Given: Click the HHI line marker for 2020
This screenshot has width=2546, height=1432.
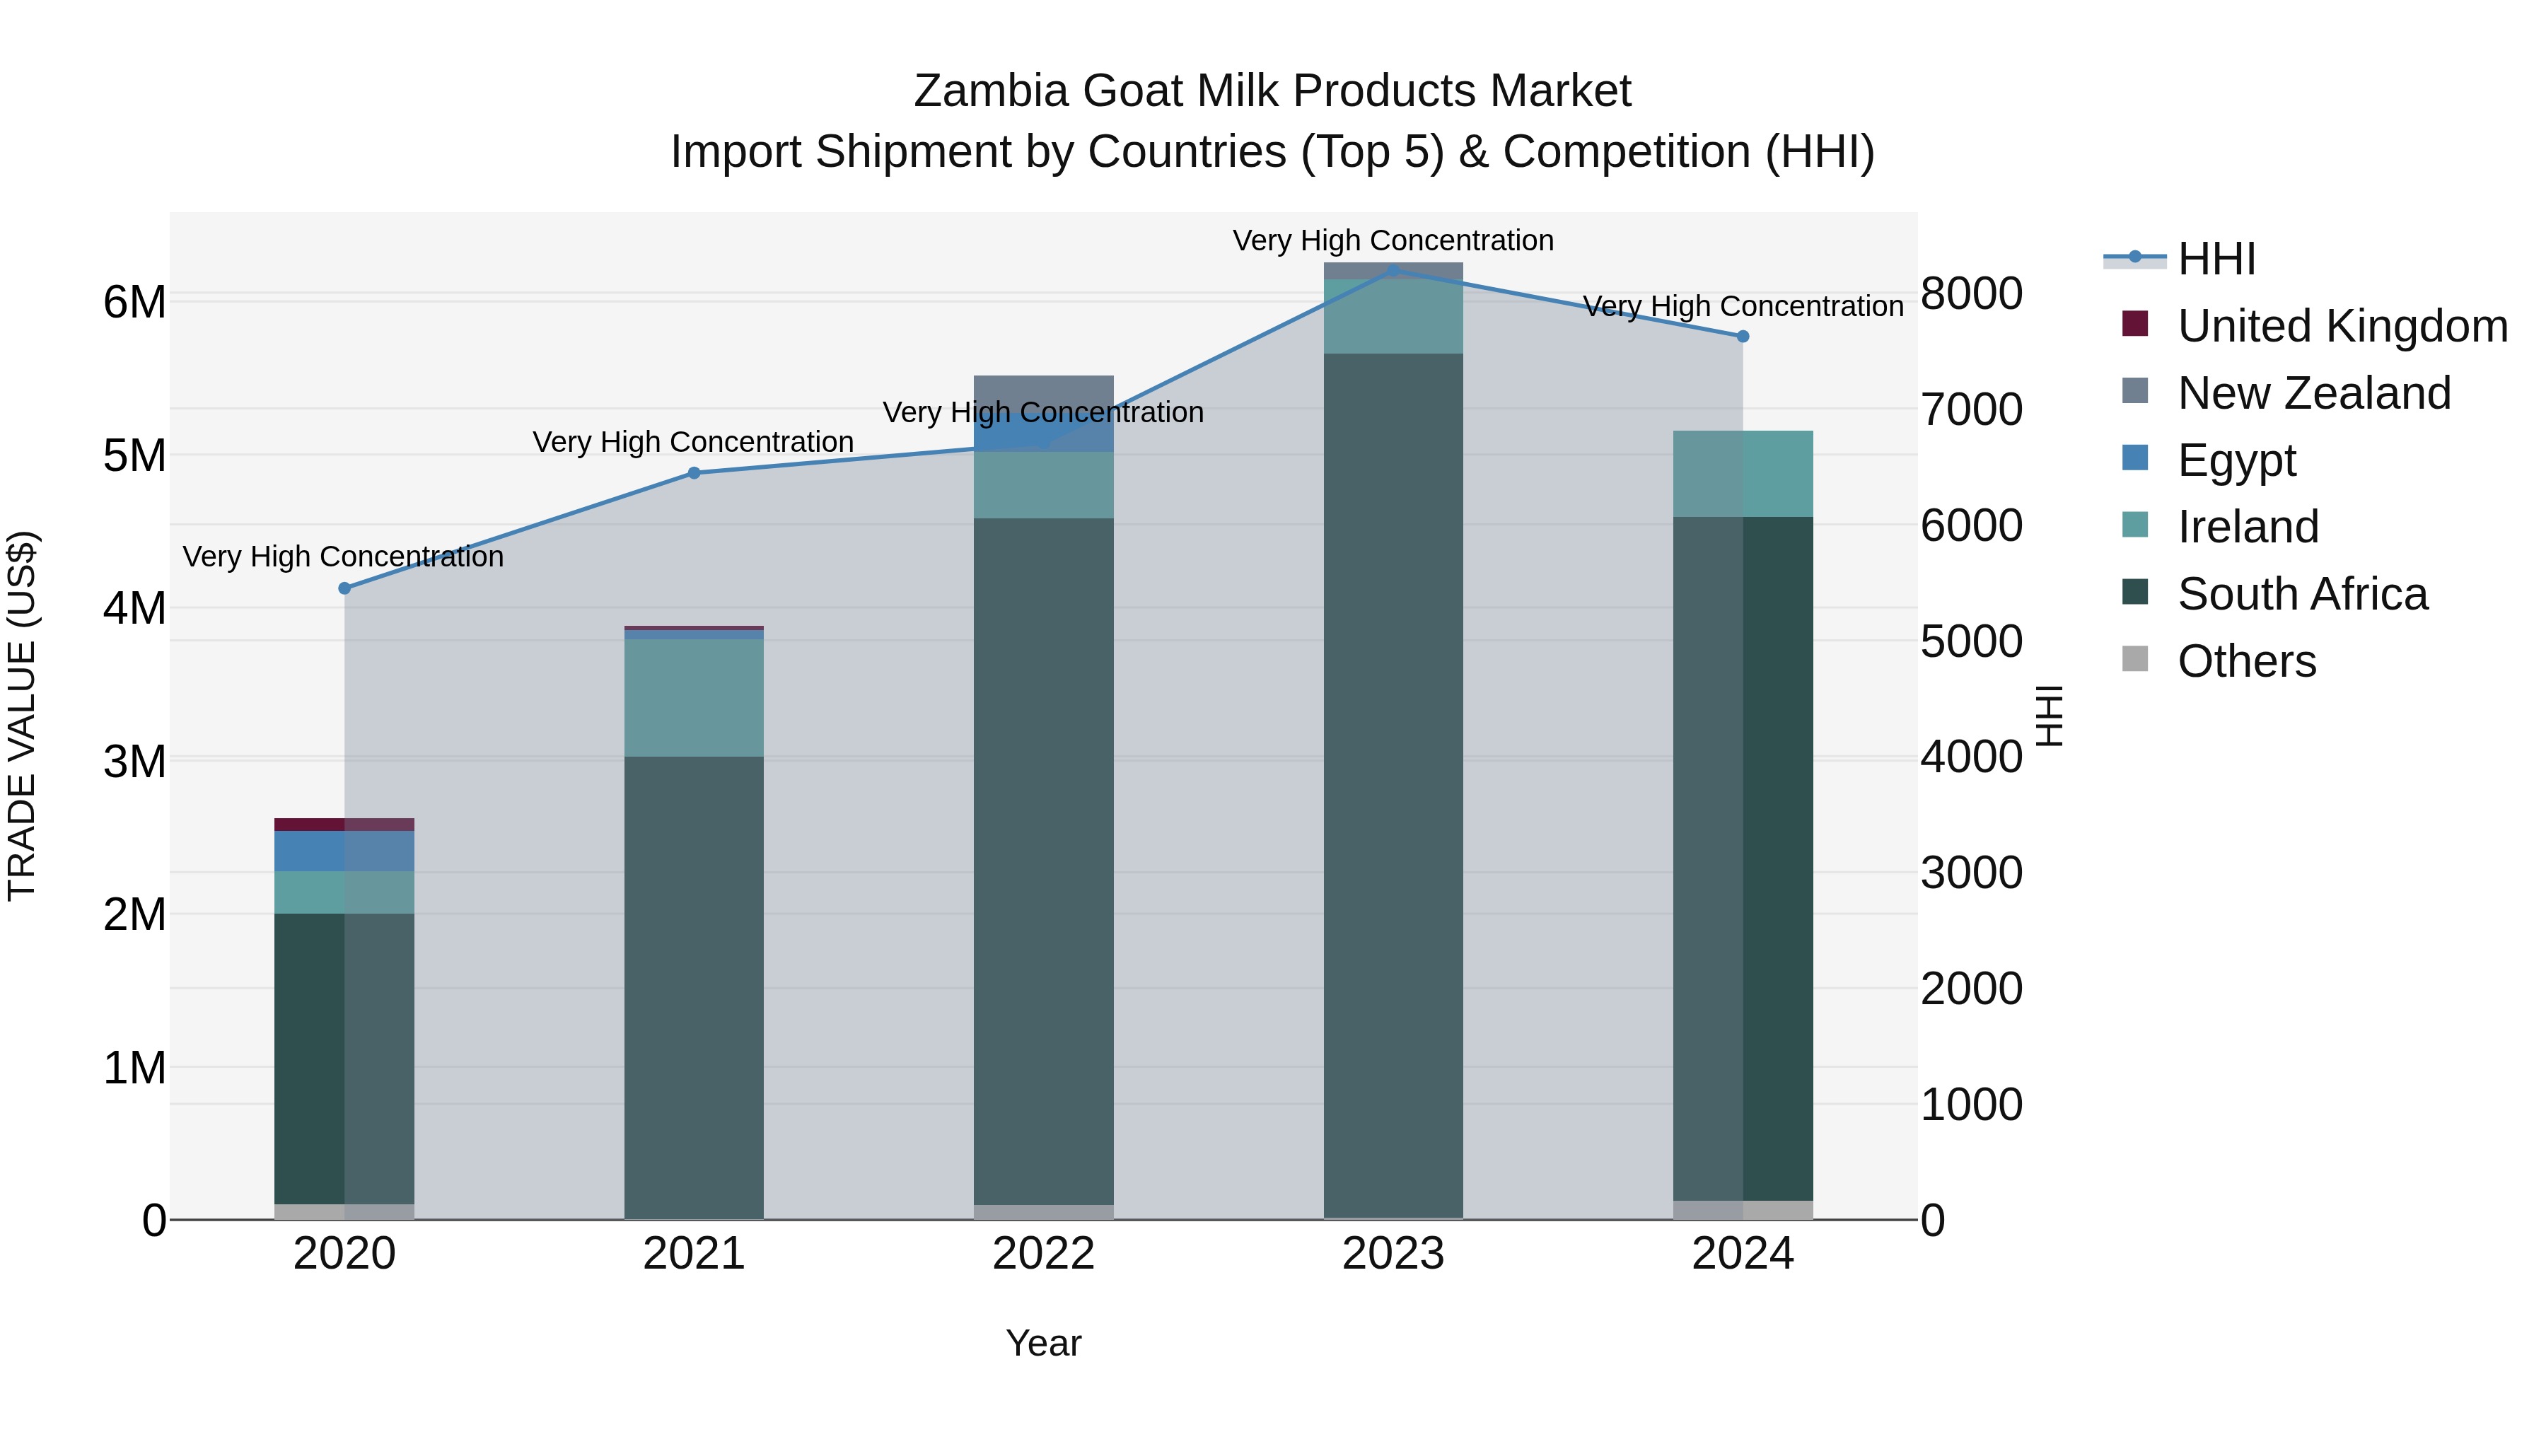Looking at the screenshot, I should [x=344, y=588].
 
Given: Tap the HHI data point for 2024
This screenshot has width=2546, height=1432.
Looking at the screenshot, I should [x=1743, y=336].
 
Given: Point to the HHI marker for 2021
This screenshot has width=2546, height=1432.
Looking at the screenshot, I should [x=694, y=473].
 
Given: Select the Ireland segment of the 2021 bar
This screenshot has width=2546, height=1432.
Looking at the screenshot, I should [x=694, y=698].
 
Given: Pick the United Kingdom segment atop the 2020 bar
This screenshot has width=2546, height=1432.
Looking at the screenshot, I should [x=344, y=825].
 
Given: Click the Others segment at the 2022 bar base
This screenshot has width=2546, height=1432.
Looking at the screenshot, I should [x=1044, y=1211].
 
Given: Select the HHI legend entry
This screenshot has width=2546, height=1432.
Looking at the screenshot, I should [x=2216, y=259].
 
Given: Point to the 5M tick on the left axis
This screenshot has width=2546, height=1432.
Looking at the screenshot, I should [x=134, y=455].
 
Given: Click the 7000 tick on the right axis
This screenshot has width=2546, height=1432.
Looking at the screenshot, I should [x=1971, y=409].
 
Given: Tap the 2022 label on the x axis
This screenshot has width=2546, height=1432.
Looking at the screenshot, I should [x=1044, y=1254].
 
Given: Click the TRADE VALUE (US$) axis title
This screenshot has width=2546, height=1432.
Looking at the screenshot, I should [x=22, y=716].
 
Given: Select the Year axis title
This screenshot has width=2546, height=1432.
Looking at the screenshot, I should [x=1044, y=1343].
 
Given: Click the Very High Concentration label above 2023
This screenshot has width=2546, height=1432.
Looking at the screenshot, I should [x=1393, y=240].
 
